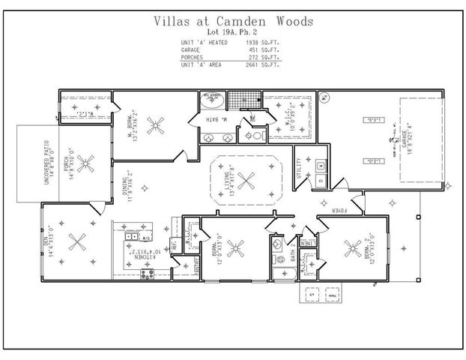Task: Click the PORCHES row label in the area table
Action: coord(193,57)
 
